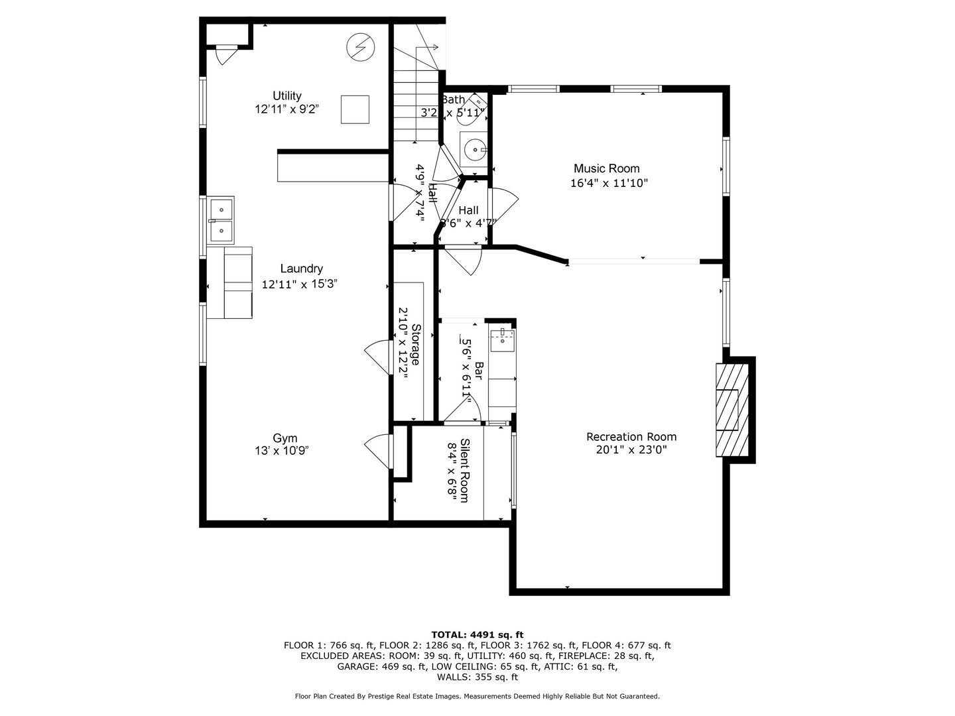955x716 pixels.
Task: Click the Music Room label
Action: coord(606,168)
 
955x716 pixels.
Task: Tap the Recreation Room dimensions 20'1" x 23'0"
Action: coord(631,450)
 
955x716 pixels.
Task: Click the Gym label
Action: coord(285,438)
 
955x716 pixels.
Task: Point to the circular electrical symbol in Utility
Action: coord(360,47)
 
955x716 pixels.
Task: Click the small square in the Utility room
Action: coord(355,109)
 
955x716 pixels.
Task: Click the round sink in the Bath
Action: coord(475,150)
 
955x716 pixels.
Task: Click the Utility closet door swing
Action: coord(225,56)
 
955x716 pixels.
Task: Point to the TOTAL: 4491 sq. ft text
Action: coord(477,634)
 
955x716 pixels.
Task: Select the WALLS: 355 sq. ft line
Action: coord(477,677)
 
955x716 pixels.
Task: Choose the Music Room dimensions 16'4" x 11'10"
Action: coord(609,183)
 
